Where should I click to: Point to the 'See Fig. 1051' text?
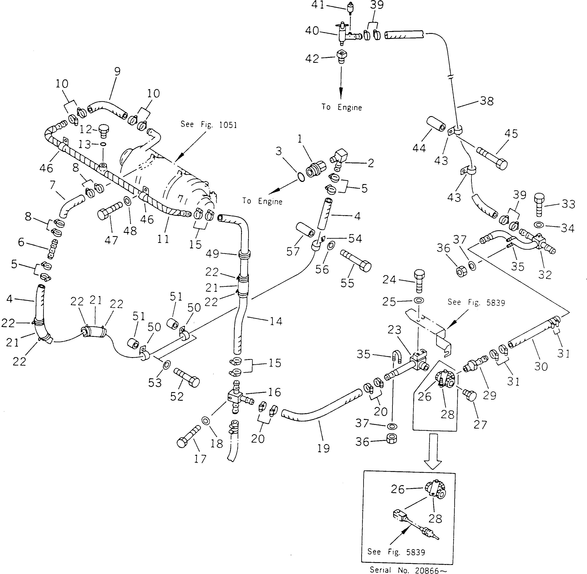tap(209, 125)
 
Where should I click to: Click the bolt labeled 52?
tap(186, 377)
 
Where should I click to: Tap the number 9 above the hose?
tap(117, 72)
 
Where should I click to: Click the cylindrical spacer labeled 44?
tap(436, 124)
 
